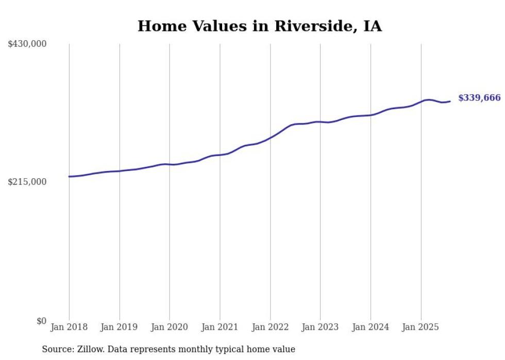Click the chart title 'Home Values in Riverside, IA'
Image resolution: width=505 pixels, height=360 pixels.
click(x=259, y=26)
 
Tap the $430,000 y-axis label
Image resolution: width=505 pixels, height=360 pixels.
click(x=27, y=44)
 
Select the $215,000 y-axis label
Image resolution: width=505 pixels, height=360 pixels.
click(x=27, y=182)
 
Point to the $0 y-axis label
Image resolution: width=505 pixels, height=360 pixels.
click(x=41, y=321)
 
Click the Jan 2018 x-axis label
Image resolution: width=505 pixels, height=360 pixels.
click(x=69, y=327)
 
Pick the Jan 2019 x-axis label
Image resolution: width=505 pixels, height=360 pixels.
click(x=120, y=327)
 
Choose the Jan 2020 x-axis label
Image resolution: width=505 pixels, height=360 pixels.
click(x=170, y=327)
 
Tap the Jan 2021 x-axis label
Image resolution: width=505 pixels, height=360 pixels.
click(x=220, y=327)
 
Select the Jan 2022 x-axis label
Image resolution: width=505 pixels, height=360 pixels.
click(x=270, y=327)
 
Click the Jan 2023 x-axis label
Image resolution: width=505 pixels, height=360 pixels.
click(x=320, y=327)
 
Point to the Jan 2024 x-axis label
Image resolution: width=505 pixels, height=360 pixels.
click(x=371, y=327)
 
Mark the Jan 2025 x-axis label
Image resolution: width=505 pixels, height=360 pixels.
click(x=421, y=327)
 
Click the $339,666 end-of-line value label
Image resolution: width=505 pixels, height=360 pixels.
click(x=479, y=98)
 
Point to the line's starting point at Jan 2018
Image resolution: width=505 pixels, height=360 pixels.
click(x=69, y=177)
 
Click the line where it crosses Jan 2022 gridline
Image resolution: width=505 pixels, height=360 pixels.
click(x=270, y=138)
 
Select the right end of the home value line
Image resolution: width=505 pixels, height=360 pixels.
click(x=450, y=101)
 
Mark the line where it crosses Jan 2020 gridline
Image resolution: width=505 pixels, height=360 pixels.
click(x=170, y=164)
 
